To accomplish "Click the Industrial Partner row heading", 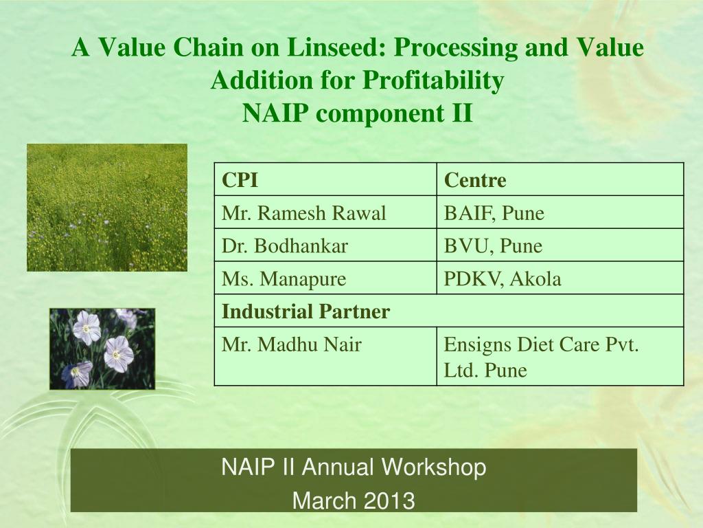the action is [306, 311].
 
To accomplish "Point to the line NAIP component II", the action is [357, 113].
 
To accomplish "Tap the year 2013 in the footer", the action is [389, 500].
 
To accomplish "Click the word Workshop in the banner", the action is [434, 467].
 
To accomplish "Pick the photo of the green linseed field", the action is [107, 208].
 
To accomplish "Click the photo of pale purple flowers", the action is [102, 349].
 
